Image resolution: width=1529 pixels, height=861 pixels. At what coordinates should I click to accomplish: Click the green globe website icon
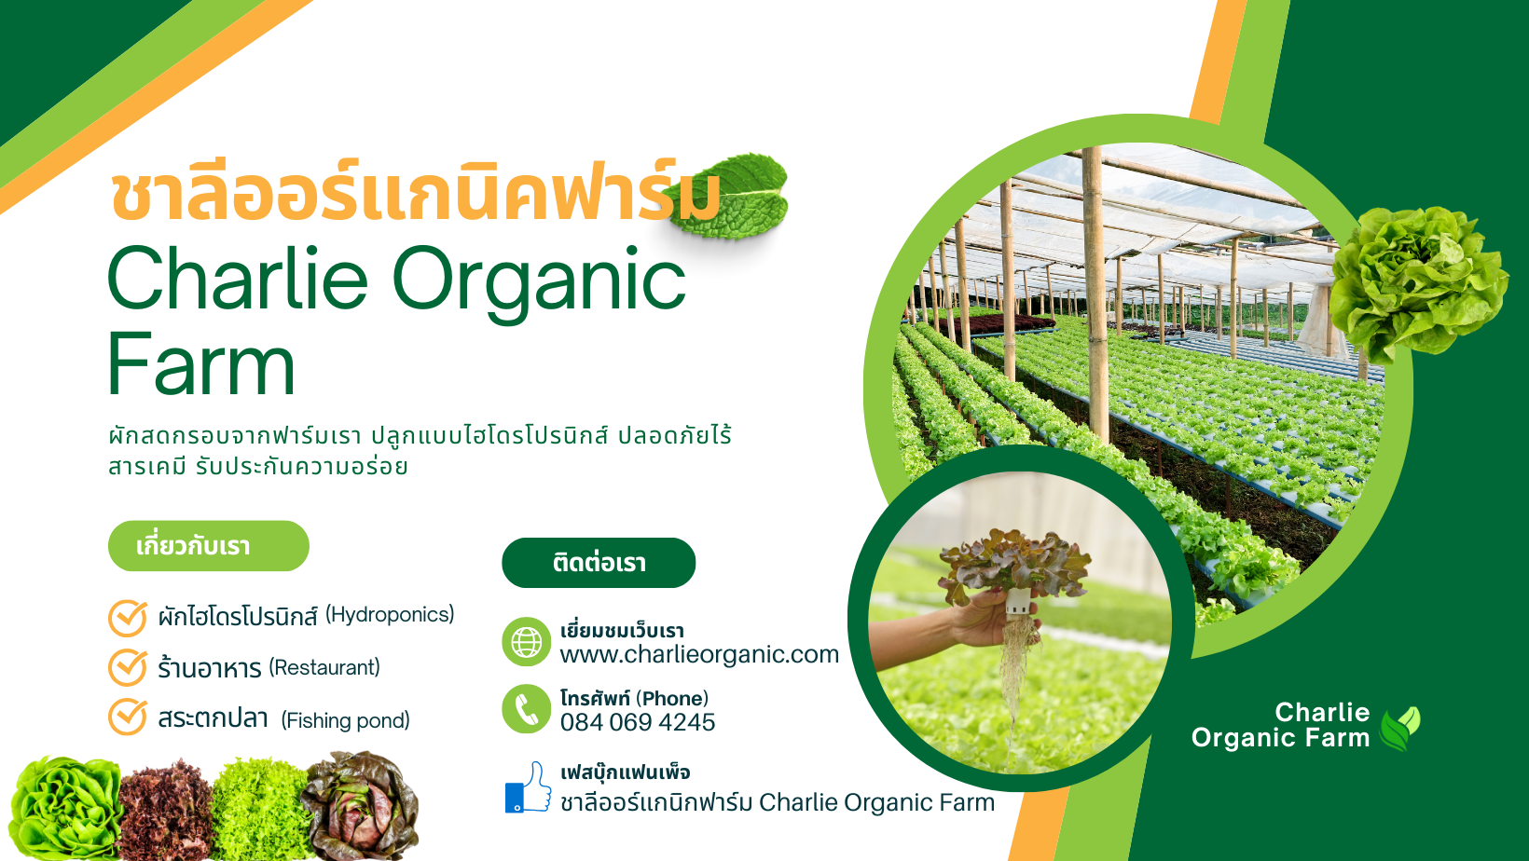coord(526,642)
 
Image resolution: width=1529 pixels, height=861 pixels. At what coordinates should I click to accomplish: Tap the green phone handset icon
coord(526,709)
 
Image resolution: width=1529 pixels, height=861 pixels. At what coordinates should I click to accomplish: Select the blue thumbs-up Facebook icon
coord(529,787)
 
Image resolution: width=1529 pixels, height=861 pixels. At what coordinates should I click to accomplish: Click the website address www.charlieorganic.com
coord(699,654)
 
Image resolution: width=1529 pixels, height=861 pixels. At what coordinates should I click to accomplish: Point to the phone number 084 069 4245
coord(638,722)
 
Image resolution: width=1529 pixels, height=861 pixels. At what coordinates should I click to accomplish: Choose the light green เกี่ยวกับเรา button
coord(208,546)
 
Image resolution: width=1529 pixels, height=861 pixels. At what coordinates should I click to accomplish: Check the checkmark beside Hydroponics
coord(128,618)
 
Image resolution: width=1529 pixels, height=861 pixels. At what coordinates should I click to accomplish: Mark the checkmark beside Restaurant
coord(128,667)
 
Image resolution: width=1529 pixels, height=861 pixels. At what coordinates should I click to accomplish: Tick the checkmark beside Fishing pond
coord(128,717)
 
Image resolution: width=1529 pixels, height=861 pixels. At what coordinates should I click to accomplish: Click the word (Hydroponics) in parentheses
coord(390,615)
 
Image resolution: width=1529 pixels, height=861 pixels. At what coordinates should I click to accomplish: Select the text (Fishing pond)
coord(345,720)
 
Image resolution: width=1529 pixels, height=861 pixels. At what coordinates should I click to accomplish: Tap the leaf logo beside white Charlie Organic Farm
coord(1399,729)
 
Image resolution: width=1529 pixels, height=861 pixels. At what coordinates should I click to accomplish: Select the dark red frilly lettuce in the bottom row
coord(165,810)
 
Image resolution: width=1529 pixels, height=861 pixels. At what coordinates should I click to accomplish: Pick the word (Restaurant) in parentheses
coord(324,667)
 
